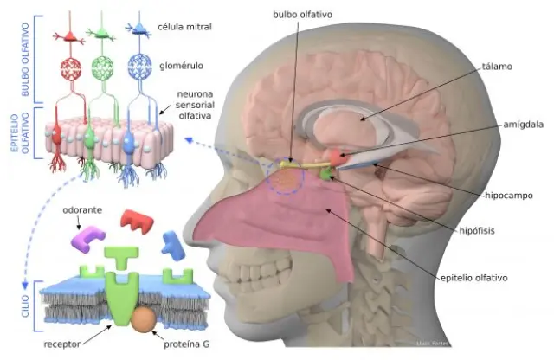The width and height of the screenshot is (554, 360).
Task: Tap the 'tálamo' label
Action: click(x=498, y=66)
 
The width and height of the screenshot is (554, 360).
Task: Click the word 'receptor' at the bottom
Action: click(x=62, y=344)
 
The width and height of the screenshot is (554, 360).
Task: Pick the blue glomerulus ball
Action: click(x=138, y=67)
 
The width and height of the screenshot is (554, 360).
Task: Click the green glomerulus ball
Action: click(x=104, y=67)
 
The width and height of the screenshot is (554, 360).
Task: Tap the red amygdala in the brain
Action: click(x=336, y=158)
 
